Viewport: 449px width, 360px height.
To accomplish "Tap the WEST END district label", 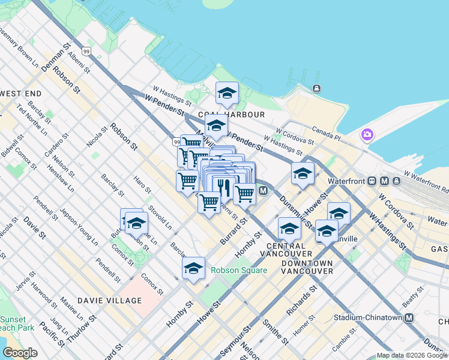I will click(21, 94).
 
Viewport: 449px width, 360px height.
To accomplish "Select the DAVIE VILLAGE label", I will click(110, 300).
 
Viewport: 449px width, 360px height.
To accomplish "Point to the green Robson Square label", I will click(238, 270).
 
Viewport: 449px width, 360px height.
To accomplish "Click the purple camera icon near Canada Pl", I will click(367, 134).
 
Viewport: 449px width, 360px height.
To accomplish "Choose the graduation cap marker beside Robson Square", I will click(194, 269).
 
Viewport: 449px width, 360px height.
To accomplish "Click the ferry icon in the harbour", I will click(316, 89).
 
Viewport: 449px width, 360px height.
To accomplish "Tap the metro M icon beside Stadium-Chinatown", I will click(409, 317).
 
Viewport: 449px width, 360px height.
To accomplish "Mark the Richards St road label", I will click(301, 301).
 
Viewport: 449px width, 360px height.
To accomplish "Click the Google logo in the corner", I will click(20, 353).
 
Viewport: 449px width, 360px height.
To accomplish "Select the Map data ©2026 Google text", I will click(412, 355).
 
